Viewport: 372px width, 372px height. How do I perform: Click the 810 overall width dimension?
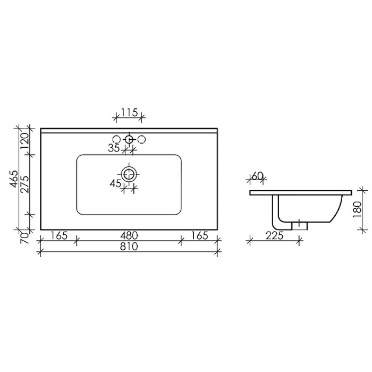(x=129, y=247)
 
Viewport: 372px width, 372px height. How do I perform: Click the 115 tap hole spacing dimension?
(x=129, y=112)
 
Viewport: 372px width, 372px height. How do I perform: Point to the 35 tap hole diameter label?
(x=114, y=148)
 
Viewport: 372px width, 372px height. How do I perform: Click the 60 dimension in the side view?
(x=257, y=176)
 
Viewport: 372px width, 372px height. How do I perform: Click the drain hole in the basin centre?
(x=129, y=173)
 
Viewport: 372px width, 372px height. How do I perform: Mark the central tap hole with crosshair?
(x=129, y=139)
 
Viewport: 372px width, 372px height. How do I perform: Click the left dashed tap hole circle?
(x=116, y=139)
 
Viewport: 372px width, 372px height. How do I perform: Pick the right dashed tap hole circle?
(x=141, y=139)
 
